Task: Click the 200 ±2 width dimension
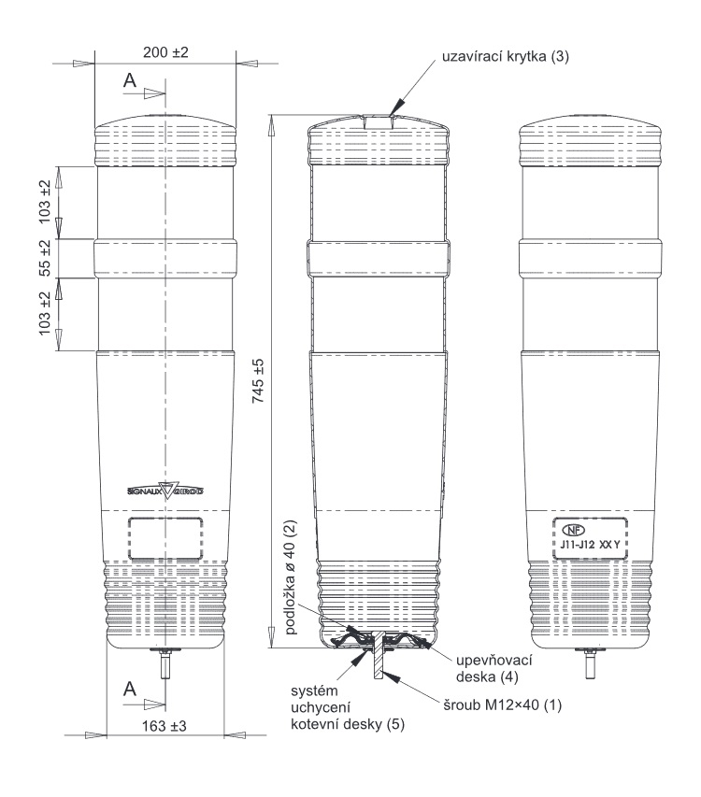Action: (165, 52)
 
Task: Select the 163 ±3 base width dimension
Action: (165, 726)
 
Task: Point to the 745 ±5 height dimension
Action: (258, 380)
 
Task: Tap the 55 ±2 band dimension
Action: (45, 258)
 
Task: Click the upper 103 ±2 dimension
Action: (45, 201)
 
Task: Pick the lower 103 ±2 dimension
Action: (45, 313)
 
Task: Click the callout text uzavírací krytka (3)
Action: (506, 56)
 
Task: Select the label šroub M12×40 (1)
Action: (502, 705)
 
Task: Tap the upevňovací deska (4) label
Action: (494, 668)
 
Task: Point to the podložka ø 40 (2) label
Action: (291, 576)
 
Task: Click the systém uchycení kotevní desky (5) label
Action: (348, 707)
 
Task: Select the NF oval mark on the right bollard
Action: (573, 530)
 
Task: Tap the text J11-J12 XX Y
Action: (590, 545)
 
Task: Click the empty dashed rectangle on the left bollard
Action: (165, 538)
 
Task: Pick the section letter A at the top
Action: (130, 80)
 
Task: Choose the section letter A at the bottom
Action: (130, 690)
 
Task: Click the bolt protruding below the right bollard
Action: (590, 663)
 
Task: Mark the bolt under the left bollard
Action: (165, 663)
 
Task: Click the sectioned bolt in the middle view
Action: (379, 655)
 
